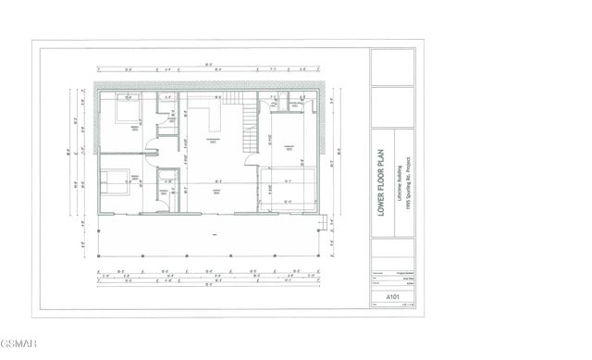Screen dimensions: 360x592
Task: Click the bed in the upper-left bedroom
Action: click(x=122, y=112)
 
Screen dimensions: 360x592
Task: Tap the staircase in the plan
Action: click(x=247, y=128)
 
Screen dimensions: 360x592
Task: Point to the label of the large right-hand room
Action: click(x=288, y=146)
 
